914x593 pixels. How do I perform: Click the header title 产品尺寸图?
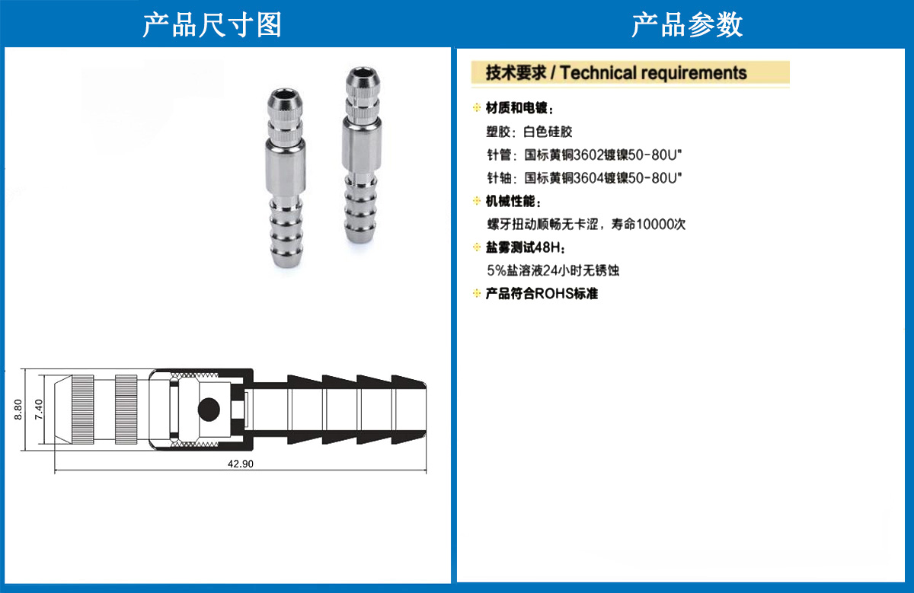click(212, 25)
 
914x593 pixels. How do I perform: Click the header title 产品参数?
click(687, 25)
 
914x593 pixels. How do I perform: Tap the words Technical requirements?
click(654, 73)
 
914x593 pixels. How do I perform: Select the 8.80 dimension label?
click(18, 409)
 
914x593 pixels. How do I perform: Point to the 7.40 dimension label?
click(39, 409)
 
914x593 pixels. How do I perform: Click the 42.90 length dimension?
click(241, 464)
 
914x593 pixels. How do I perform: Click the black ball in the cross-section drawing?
click(209, 409)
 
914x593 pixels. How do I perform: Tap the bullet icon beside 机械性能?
click(477, 201)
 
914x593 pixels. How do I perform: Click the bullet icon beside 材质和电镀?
click(477, 107)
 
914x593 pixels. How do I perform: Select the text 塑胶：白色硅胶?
click(529, 132)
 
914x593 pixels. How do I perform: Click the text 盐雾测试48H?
click(523, 247)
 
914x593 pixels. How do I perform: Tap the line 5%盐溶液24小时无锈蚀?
click(553, 270)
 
